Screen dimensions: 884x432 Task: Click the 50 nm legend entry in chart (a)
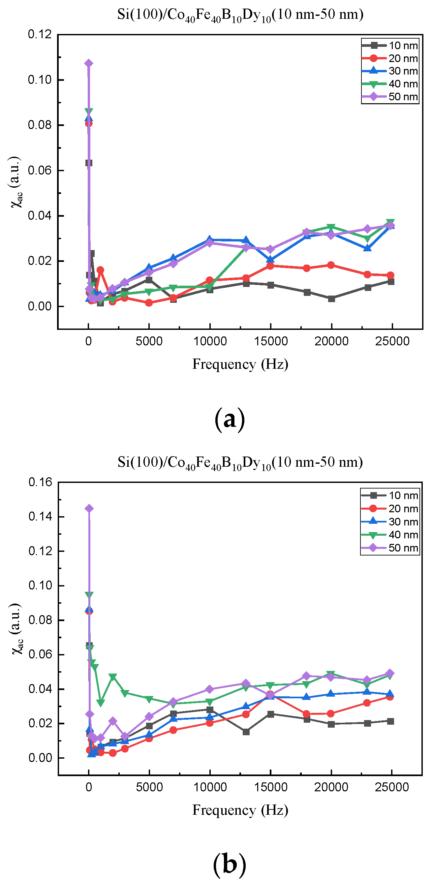(390, 97)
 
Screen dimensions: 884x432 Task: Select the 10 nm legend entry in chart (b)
(390, 495)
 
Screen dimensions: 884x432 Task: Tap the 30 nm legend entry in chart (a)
(390, 71)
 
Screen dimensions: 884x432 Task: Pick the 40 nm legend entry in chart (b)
(390, 535)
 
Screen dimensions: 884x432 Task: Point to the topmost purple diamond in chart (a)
(89, 63)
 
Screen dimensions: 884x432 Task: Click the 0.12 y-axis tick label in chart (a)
(40, 34)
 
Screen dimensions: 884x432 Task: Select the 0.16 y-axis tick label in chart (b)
(40, 482)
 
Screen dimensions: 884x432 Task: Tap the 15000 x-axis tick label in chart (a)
(271, 341)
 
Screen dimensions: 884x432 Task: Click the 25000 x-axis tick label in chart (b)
(392, 787)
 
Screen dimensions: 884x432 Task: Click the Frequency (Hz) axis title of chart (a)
(240, 364)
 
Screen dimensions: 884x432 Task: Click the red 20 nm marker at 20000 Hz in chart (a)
(331, 265)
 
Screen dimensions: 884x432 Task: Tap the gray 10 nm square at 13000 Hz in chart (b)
(246, 732)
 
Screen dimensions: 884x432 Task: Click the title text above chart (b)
(240, 462)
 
